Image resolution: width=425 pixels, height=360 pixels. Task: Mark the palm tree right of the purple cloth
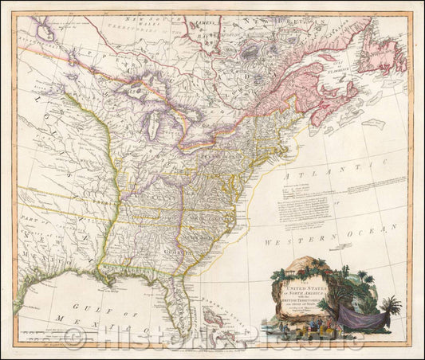pos(391,307)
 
